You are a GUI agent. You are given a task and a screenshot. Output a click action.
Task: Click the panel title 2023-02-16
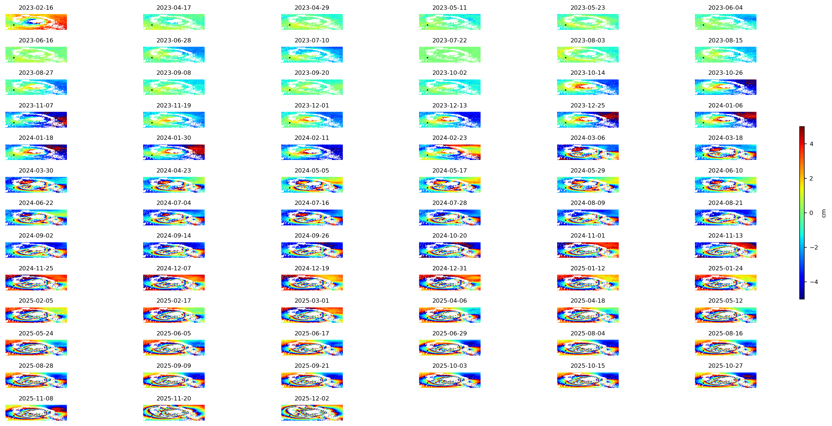36,8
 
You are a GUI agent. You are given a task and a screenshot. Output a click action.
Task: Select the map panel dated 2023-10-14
588,87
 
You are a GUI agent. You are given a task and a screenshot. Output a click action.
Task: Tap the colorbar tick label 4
811,144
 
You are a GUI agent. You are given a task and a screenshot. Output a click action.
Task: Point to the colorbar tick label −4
814,282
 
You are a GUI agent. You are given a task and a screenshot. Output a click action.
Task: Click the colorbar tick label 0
811,213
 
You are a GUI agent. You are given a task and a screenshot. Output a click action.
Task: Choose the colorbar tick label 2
811,178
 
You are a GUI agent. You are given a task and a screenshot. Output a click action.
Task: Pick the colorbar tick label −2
814,247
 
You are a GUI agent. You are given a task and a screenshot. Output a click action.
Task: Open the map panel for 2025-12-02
312,412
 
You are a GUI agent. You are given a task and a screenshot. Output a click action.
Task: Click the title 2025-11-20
174,398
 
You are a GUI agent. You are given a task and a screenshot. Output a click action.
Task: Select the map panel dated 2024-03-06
588,152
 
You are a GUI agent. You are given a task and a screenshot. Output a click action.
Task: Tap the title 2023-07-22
450,40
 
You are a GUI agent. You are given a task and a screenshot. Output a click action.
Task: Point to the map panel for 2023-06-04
726,22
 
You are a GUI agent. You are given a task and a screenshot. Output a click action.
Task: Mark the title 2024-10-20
450,235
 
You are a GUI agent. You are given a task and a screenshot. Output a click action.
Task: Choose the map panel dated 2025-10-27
726,380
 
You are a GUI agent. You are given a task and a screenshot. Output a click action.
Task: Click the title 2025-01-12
588,268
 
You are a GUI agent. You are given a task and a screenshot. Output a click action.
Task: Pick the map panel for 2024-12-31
450,282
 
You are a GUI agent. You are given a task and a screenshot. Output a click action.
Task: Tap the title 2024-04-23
174,170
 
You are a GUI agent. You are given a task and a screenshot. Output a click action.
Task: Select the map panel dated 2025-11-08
36,412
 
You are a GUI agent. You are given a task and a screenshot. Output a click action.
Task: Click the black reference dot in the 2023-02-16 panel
14,25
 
